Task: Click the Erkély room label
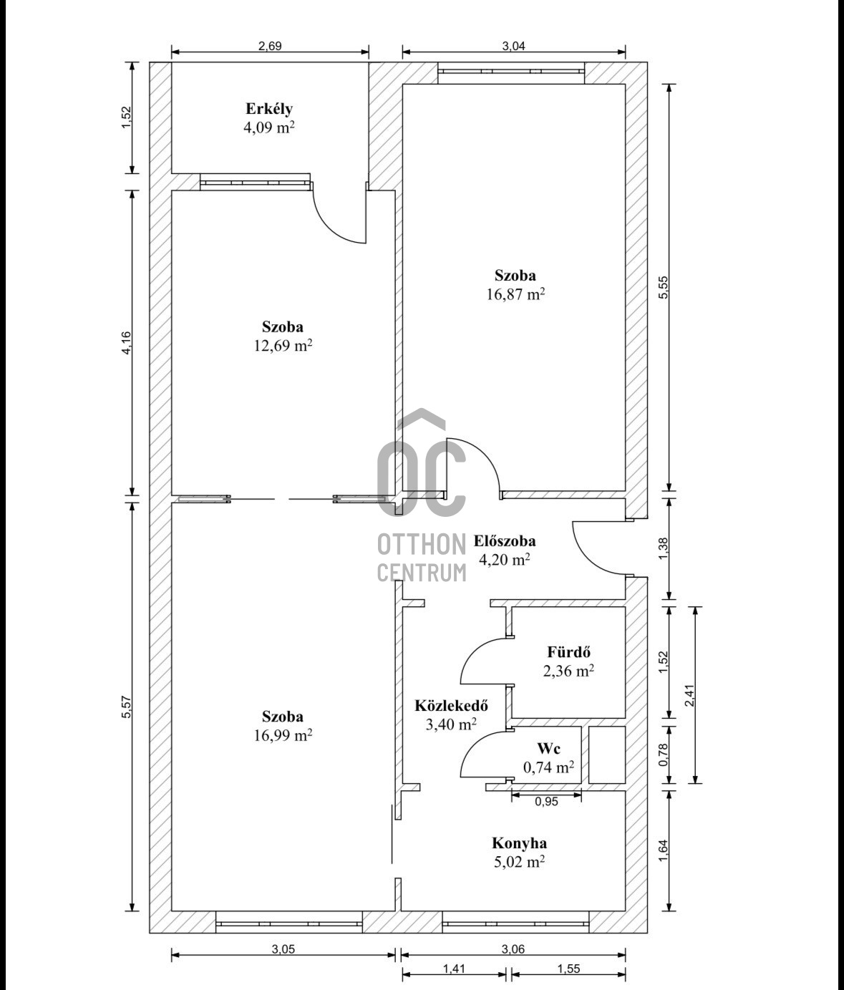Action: tap(268, 110)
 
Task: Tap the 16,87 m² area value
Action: tap(515, 294)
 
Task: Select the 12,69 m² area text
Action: tap(283, 345)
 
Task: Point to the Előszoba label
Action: tap(505, 541)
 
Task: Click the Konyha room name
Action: tap(519, 843)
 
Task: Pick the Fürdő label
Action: tap(568, 652)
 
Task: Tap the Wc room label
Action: tap(548, 748)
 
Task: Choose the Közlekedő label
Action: tap(451, 705)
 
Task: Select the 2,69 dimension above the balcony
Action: tap(270, 46)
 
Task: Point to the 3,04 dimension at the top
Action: tap(513, 46)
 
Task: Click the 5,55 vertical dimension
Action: tap(663, 287)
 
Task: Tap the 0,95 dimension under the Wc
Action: tap(546, 801)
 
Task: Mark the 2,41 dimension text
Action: tap(689, 695)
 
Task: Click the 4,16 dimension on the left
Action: tap(126, 343)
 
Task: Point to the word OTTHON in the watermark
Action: tap(422, 544)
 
